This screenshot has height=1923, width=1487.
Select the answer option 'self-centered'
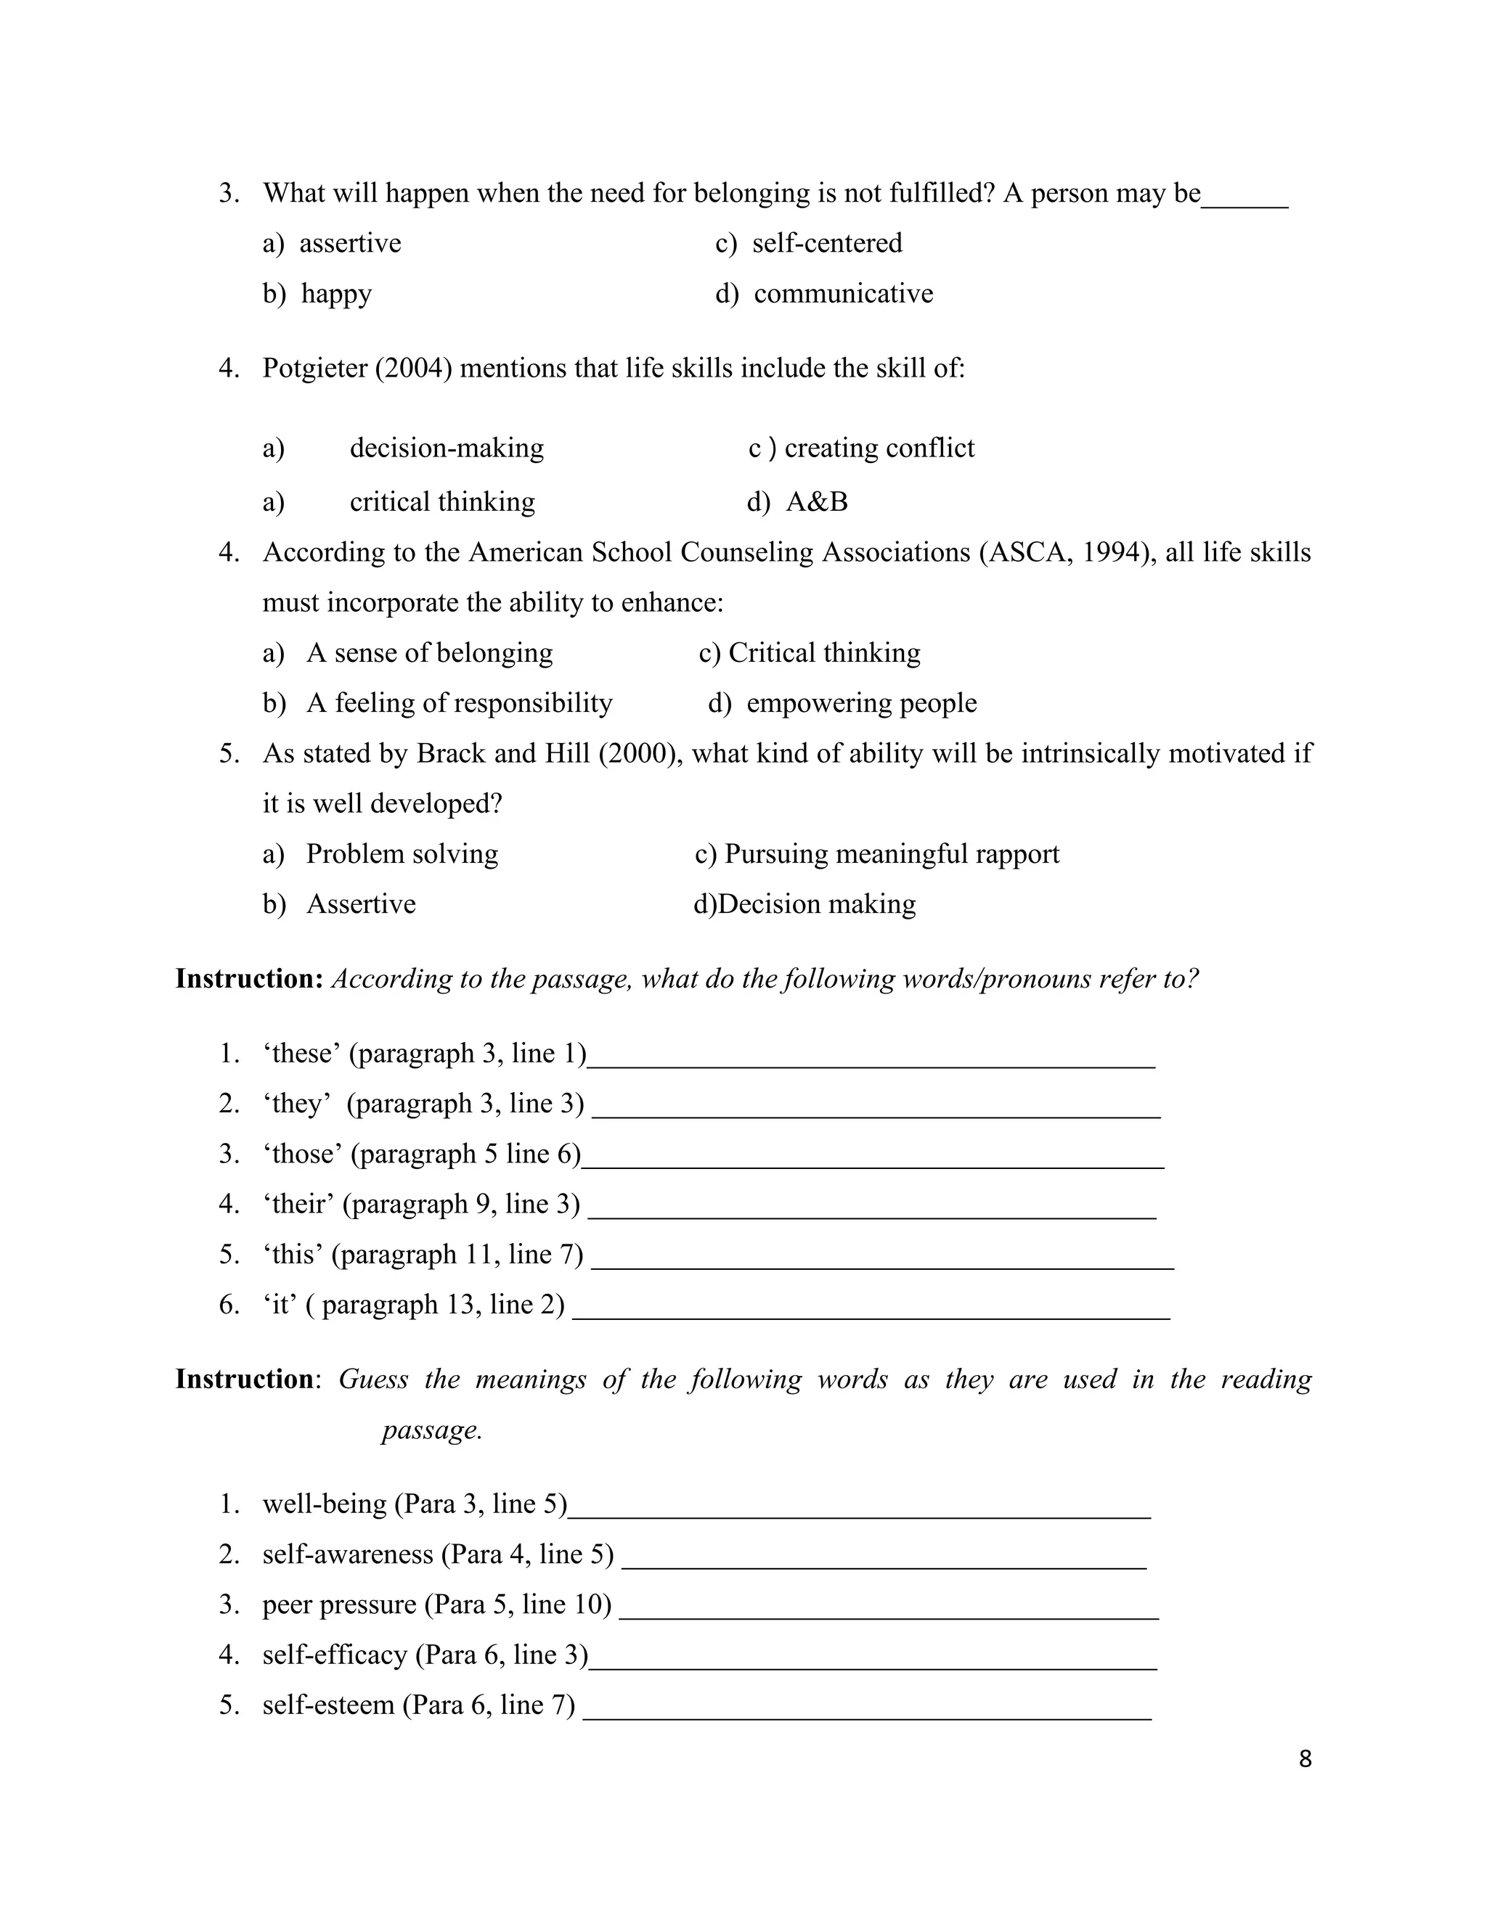[826, 243]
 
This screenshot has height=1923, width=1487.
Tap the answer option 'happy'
[335, 293]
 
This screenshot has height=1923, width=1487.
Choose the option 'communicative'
[842, 293]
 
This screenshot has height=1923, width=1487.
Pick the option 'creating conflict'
[879, 448]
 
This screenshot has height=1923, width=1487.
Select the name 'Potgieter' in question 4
[314, 368]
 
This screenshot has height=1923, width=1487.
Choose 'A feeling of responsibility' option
[458, 702]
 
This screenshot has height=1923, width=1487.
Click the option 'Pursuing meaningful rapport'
[891, 854]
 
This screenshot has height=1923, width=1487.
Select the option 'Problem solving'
[402, 854]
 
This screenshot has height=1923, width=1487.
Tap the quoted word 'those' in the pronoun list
[302, 1155]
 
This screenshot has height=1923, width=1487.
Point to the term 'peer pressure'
[339, 1604]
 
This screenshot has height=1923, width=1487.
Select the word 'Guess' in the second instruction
[372, 1379]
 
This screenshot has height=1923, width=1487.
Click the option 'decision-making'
[446, 448]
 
